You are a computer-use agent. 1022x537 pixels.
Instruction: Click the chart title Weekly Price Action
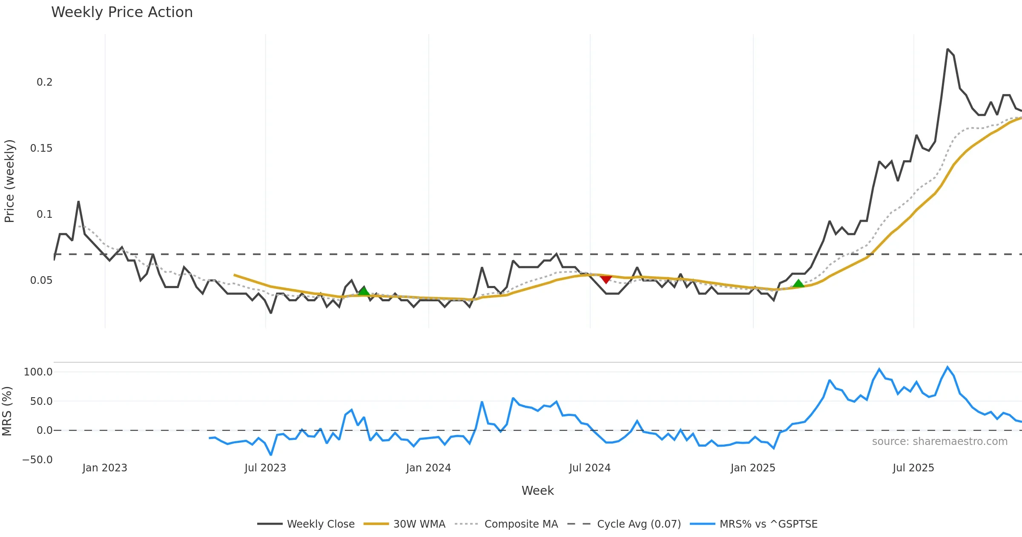pyautogui.click(x=122, y=12)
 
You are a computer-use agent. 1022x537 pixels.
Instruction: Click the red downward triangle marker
pyautogui.click(x=606, y=279)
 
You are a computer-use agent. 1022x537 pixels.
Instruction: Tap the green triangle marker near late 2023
pyautogui.click(x=363, y=291)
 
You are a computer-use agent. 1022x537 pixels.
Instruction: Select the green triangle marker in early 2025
pyautogui.click(x=798, y=283)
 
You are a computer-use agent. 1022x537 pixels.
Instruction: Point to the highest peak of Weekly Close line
pyautogui.click(x=947, y=49)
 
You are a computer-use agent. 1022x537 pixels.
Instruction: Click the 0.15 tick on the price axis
pyautogui.click(x=41, y=148)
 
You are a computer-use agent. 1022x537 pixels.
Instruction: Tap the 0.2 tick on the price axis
pyautogui.click(x=44, y=82)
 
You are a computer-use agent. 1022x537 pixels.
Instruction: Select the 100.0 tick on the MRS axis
pyautogui.click(x=38, y=372)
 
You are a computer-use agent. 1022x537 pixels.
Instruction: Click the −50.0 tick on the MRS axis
pyautogui.click(x=37, y=460)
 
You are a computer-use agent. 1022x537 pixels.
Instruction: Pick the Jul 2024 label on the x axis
pyautogui.click(x=590, y=468)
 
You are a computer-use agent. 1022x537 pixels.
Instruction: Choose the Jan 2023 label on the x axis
pyautogui.click(x=105, y=468)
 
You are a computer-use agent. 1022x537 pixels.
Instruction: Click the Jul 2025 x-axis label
pyautogui.click(x=913, y=468)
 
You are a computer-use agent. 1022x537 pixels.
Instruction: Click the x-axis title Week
pyautogui.click(x=537, y=491)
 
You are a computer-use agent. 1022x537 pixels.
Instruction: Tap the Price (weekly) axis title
pyautogui.click(x=9, y=181)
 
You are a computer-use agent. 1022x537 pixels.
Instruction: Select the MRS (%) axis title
pyautogui.click(x=7, y=411)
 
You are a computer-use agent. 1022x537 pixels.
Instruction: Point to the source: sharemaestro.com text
pyautogui.click(x=939, y=442)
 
